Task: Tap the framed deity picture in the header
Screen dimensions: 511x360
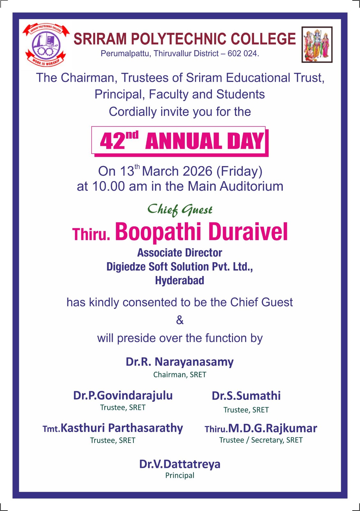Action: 317,44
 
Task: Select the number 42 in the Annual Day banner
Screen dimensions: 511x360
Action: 113,141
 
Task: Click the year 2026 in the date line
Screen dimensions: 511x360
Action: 197,172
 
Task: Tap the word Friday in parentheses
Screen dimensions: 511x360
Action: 239,172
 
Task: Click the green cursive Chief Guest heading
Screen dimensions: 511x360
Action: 180,210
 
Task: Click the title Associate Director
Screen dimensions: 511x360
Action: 180,253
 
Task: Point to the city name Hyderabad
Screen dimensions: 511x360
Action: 180,281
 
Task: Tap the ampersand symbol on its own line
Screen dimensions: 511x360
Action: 180,320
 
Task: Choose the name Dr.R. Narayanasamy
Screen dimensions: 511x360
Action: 180,362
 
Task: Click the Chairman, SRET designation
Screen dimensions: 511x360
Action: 180,375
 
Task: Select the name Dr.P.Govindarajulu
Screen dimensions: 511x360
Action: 123,396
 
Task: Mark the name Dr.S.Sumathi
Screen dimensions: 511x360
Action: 246,396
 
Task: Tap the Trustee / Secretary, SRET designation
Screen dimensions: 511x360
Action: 261,440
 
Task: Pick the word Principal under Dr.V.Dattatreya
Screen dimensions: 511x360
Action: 180,476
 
